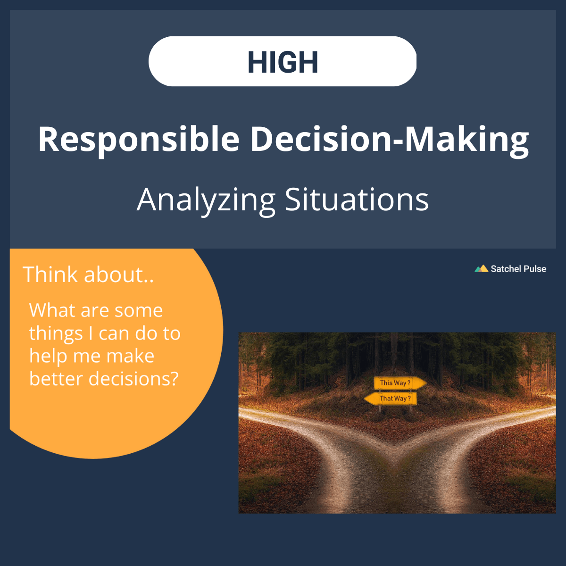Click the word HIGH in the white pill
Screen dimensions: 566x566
point(283,62)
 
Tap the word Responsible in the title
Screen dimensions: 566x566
point(139,140)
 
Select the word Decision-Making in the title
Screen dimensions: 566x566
point(389,140)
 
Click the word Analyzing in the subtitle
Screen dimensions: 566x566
point(206,200)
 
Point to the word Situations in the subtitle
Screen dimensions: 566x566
point(357,200)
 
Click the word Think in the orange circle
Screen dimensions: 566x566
point(51,275)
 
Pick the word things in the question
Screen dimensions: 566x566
point(56,334)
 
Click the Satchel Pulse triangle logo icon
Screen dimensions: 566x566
point(481,269)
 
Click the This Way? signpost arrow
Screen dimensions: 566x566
point(399,383)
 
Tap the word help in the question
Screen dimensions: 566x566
point(45,356)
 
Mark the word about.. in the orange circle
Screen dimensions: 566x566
point(119,275)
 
